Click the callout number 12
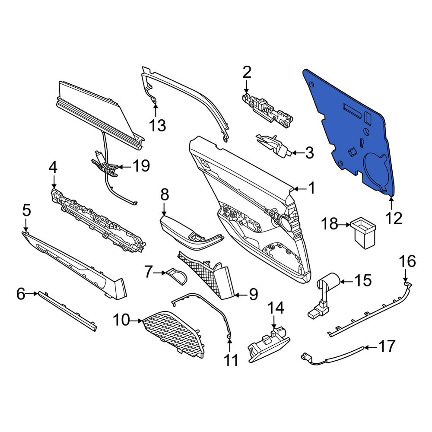click(394, 219)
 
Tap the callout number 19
click(141, 166)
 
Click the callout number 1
click(311, 189)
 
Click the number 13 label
click(157, 126)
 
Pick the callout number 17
click(387, 346)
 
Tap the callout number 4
click(53, 167)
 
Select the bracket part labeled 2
click(267, 110)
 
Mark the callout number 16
click(408, 261)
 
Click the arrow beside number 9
click(240, 295)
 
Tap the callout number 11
click(231, 360)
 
